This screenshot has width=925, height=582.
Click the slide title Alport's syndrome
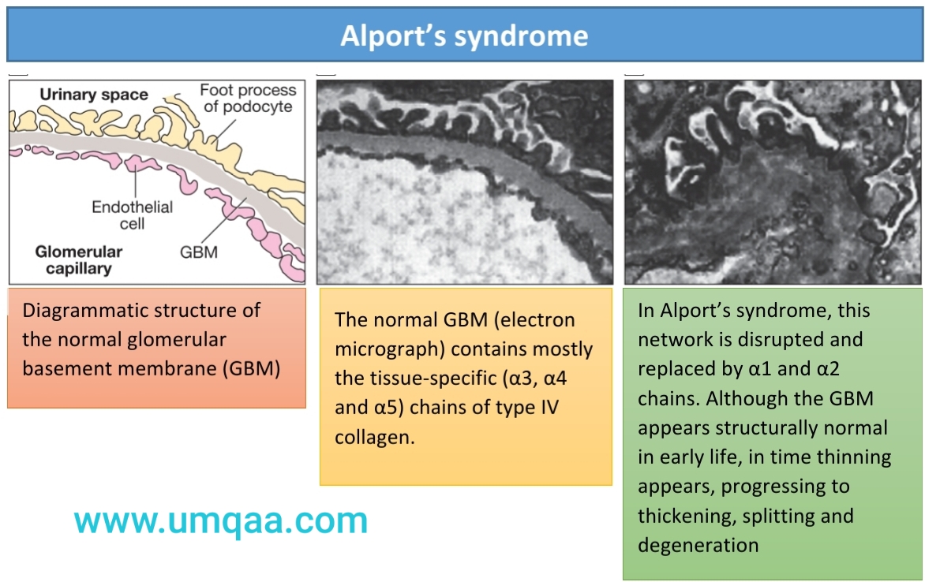click(x=464, y=36)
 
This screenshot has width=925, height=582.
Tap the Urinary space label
click(x=94, y=95)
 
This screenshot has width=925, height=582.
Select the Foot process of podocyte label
click(x=248, y=99)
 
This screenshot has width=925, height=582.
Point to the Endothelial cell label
click(x=133, y=215)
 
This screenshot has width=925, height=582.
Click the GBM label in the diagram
click(x=199, y=253)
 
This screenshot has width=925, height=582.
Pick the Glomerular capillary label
click(x=78, y=260)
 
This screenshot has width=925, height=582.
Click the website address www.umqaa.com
click(x=221, y=521)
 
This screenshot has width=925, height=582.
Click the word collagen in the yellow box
click(x=374, y=437)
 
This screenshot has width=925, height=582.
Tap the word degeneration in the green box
click(x=698, y=545)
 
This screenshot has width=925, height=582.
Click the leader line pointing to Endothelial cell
click(x=135, y=181)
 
